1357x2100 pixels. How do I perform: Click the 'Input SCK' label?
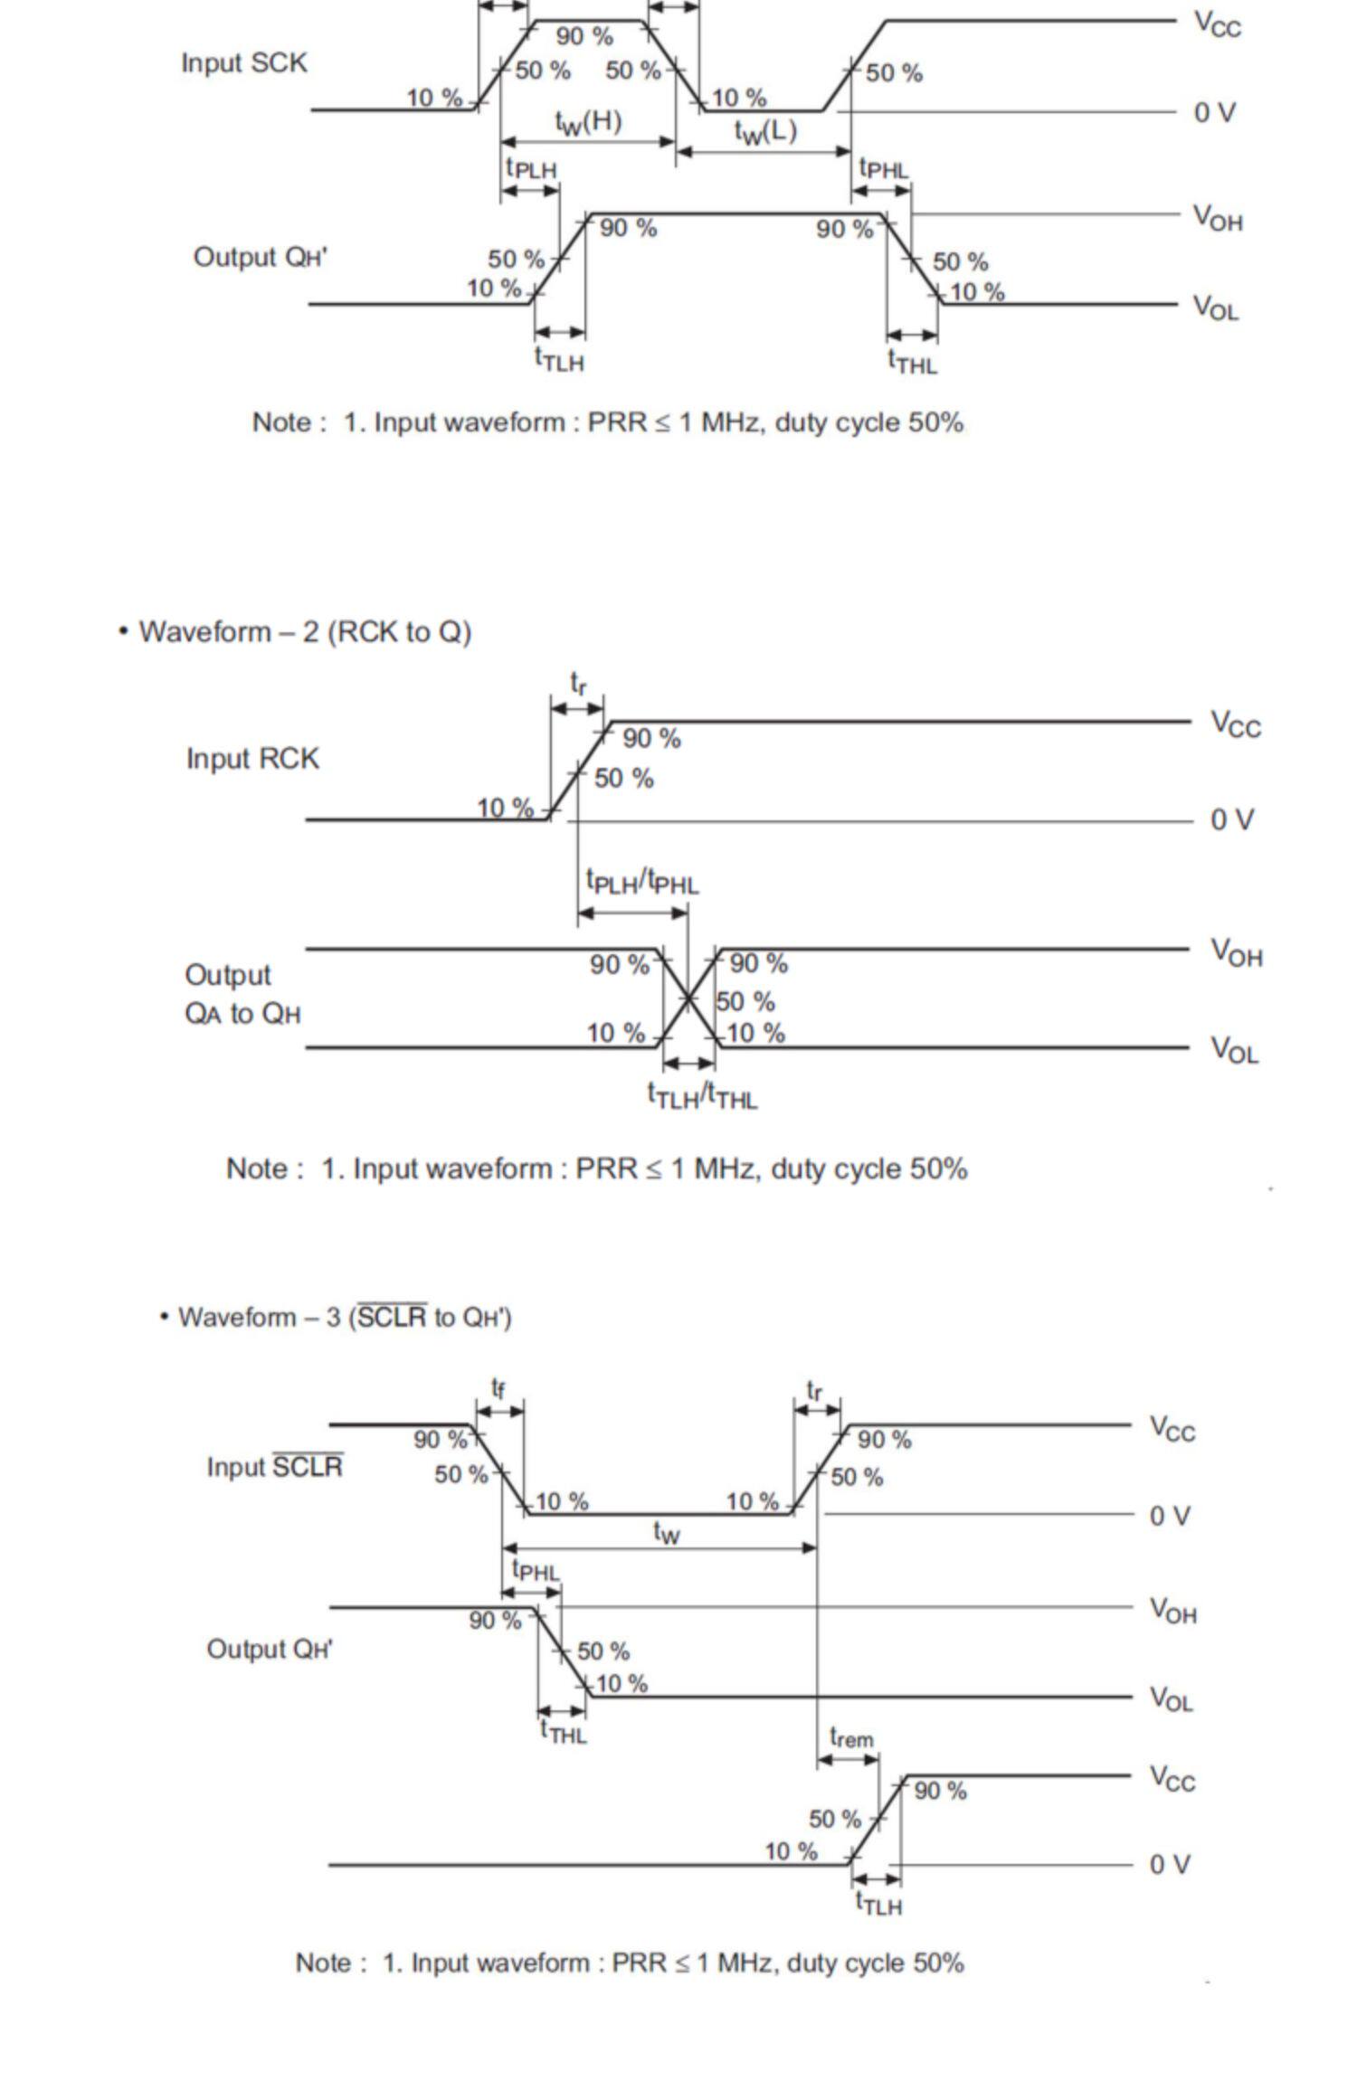point(243,63)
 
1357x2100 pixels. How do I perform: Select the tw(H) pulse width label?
point(588,122)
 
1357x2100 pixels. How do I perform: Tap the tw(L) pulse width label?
point(765,132)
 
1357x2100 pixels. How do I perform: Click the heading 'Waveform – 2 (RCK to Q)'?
point(305,631)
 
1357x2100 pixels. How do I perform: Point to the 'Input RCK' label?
point(252,758)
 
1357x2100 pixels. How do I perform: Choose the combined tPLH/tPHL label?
point(642,881)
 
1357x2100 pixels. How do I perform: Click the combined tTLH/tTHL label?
point(702,1096)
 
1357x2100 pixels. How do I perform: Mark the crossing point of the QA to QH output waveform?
point(689,998)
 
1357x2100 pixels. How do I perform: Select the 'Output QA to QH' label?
point(242,994)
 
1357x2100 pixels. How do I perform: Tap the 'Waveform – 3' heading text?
point(345,1317)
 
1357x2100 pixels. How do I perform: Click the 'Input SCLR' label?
point(274,1466)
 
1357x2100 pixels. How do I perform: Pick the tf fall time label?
point(498,1387)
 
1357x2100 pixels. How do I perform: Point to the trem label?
point(851,1737)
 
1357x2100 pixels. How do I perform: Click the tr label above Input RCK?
point(578,684)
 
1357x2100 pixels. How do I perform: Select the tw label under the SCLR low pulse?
point(666,1531)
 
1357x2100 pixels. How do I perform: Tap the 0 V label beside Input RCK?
point(1232,819)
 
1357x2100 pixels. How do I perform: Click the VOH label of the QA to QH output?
point(1236,951)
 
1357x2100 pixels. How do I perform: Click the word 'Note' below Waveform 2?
point(258,1168)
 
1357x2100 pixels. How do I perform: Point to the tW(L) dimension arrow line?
point(764,152)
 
